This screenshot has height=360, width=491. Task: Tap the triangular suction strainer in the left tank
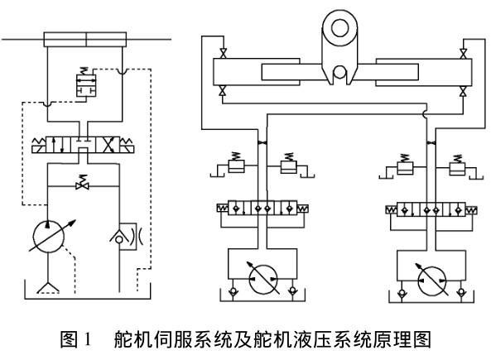coord(48,288)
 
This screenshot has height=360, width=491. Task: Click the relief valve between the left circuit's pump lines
coord(82,183)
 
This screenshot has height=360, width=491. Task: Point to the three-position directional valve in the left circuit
coord(83,146)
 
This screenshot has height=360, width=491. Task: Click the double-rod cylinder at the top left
coord(85,40)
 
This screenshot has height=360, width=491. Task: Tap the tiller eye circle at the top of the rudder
coord(339,28)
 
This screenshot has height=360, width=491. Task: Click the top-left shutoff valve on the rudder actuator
coord(224,53)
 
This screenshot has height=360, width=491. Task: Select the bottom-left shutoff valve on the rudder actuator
coord(223,91)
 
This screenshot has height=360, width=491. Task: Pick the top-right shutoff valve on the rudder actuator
coord(463,53)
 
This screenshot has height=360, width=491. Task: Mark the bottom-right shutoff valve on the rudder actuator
coord(463,91)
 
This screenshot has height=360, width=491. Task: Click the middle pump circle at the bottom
coord(263,280)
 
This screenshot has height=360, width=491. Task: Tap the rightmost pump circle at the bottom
coord(432,281)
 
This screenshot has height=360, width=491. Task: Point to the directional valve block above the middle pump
coord(262,208)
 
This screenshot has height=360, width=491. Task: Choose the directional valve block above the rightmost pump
coord(431,209)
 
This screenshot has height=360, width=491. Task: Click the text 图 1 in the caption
coord(76,339)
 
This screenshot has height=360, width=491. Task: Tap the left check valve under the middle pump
coord(233,291)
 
